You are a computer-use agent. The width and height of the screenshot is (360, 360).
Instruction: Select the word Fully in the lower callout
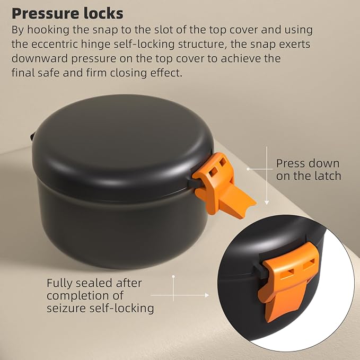(x=60, y=283)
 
